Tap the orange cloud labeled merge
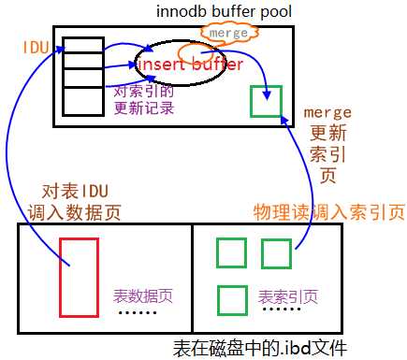point(227,33)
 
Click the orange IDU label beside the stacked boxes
point(36,46)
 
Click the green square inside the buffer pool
point(267,101)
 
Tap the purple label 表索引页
point(287,296)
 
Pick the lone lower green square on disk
point(231,299)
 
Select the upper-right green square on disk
point(276,253)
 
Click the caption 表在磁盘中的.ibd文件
point(259,348)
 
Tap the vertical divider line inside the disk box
point(191,279)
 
